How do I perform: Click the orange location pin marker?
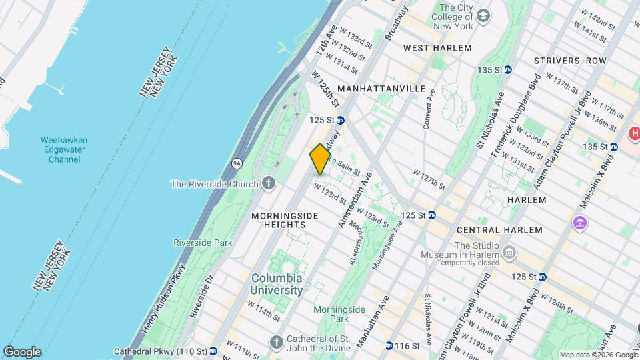pos(320,159)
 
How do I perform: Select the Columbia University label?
pos(276,284)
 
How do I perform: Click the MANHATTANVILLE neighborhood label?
pos(381,88)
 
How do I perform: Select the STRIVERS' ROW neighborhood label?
pos(570,61)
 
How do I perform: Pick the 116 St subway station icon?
pos(389,346)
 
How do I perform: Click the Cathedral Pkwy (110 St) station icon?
pos(213,351)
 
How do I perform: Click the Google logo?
pos(22,351)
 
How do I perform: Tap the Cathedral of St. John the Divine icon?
pos(277,341)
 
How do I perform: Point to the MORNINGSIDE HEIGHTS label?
pos(279,221)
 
